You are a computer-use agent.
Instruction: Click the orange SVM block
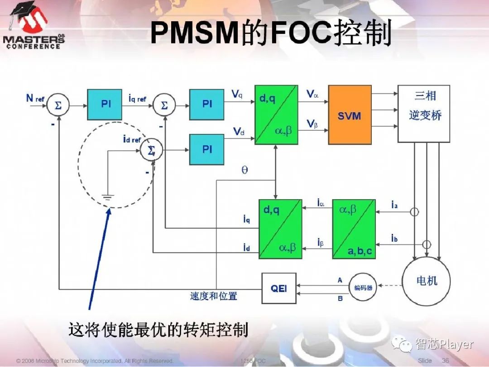349,115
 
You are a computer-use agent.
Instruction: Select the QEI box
279,288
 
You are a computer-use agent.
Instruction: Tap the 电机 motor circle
427,281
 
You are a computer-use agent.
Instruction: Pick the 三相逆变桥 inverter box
423,114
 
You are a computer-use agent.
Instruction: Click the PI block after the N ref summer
105,105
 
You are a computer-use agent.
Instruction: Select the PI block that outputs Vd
206,149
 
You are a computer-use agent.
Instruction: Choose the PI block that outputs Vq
206,105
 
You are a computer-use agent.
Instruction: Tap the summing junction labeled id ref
151,150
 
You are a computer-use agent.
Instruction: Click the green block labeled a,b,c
354,229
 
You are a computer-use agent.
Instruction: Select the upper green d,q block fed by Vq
276,115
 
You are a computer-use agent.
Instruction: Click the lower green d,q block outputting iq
280,229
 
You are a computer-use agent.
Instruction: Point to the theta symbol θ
244,171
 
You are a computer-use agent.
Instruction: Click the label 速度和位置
213,296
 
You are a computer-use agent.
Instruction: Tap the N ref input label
35,98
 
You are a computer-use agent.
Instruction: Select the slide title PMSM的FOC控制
270,33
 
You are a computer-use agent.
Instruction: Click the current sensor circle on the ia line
414,211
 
